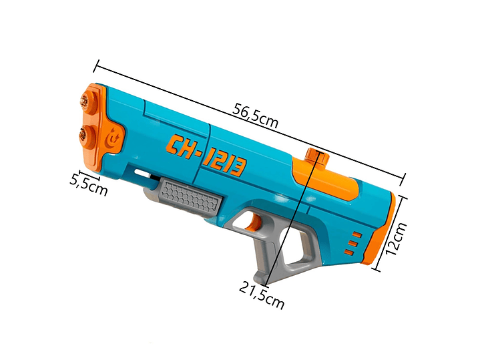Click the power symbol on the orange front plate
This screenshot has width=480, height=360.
[x=113, y=138]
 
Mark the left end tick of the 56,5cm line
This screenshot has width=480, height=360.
[x=97, y=66]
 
